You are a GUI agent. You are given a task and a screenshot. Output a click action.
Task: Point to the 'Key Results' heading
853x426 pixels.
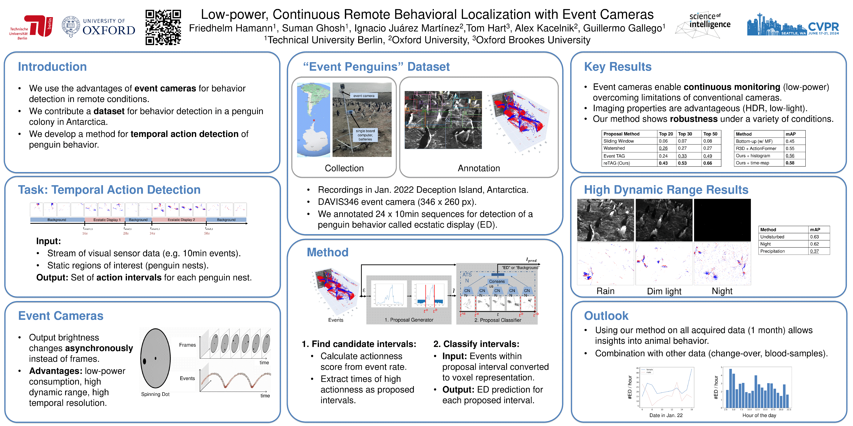pyautogui.click(x=618, y=67)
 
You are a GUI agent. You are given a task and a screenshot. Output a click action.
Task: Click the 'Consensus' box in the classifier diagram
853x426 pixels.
pyautogui.click(x=497, y=281)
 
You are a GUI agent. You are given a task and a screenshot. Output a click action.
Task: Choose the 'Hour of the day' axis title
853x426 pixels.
pyautogui.click(x=759, y=415)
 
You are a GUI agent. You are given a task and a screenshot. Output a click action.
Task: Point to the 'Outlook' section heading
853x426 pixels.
pyautogui.click(x=606, y=316)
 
